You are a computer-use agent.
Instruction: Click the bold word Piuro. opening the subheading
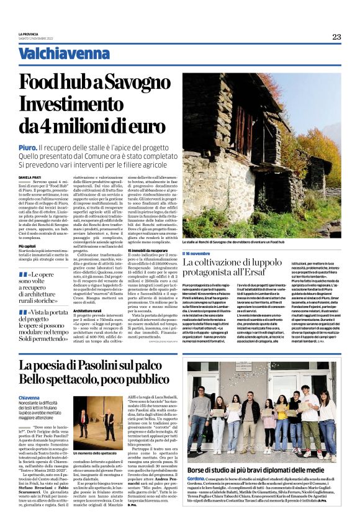coord(26,147)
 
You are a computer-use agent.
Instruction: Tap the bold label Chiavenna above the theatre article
coord(30,396)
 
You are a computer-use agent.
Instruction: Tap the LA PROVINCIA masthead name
coord(29,34)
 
